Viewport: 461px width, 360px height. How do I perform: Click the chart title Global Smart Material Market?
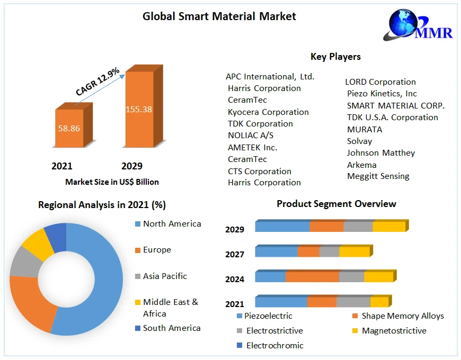click(219, 16)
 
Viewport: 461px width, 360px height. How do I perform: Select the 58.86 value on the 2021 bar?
click(69, 128)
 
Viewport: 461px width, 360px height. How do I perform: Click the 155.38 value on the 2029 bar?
click(139, 110)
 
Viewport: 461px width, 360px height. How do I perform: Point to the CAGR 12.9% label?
click(97, 82)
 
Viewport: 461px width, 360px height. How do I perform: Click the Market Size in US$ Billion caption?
click(112, 182)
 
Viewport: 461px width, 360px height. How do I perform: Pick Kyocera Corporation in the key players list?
click(268, 112)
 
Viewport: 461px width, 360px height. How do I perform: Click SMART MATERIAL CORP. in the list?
click(396, 105)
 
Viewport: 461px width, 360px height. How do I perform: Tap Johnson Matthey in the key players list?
click(380, 152)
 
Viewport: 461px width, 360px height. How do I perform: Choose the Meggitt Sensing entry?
click(378, 176)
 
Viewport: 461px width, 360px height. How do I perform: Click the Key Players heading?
click(335, 57)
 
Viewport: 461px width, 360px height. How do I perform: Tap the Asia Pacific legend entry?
click(164, 276)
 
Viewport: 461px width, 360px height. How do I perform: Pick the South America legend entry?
click(171, 328)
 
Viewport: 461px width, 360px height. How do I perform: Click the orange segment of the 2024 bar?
click(312, 277)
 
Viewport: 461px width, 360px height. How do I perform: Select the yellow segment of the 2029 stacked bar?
click(388, 227)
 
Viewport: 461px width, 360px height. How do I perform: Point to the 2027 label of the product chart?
click(235, 254)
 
